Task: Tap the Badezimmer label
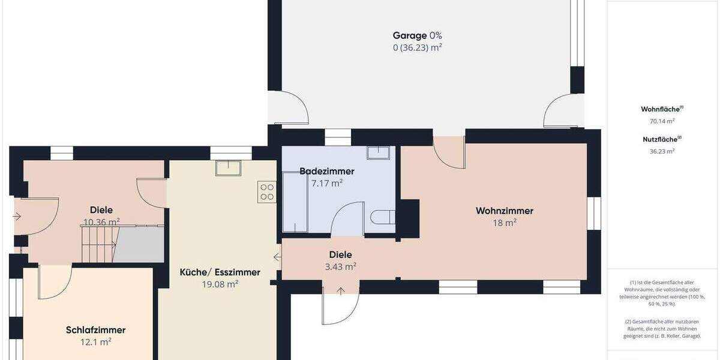coord(326,172)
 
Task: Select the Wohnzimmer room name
coord(504,211)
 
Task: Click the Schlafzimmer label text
coord(95,330)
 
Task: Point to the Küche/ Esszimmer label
coord(220,272)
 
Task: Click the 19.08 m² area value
coord(220,284)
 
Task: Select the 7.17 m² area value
coord(326,184)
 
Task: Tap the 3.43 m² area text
coord(340,266)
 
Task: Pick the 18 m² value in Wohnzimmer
coord(504,223)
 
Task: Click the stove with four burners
coord(267,192)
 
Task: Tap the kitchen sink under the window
coord(228,167)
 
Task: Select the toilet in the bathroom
coord(382,217)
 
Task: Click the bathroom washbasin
coord(378,152)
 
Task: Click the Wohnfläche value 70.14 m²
coord(662,121)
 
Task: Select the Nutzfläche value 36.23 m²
coord(662,151)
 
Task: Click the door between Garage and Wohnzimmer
coord(449,151)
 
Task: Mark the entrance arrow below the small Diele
coord(341,292)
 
